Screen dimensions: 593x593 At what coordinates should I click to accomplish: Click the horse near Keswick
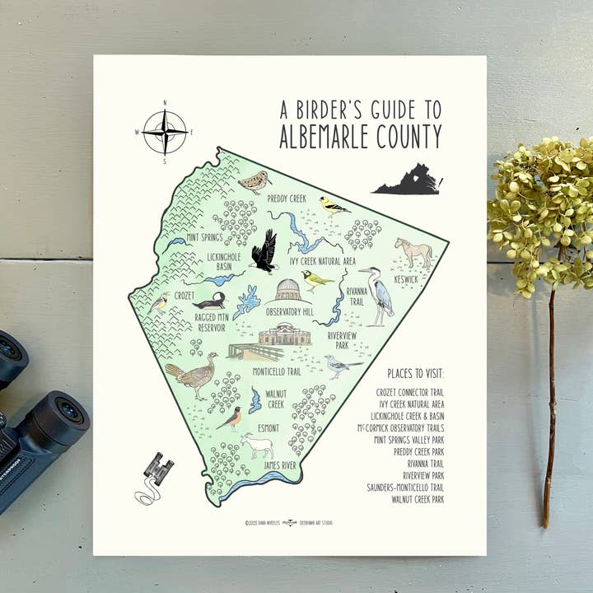click(413, 252)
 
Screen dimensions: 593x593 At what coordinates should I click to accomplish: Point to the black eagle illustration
click(264, 251)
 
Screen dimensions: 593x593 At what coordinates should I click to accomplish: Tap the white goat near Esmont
click(257, 446)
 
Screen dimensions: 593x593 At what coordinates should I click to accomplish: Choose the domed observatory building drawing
click(287, 290)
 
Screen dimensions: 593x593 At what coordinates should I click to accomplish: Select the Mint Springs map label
click(205, 238)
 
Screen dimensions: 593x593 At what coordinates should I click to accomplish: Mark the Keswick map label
click(406, 279)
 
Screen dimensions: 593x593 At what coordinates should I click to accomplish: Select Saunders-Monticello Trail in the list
click(405, 488)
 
